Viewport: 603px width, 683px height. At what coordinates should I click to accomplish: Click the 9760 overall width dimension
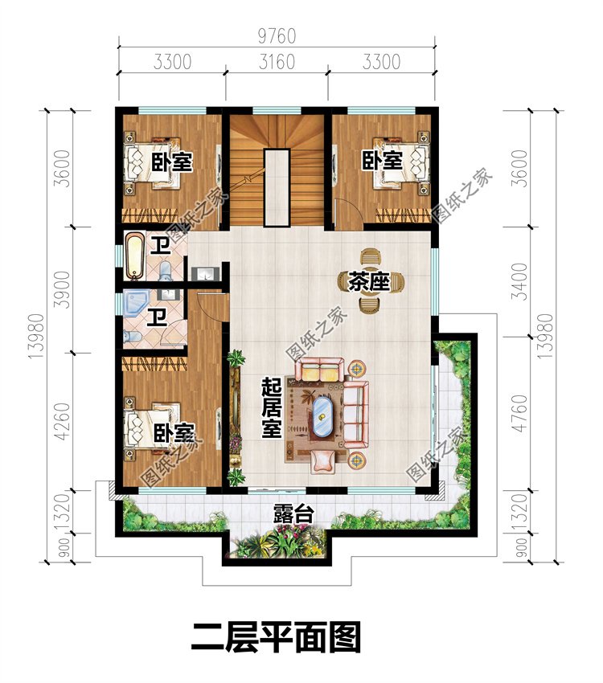coord(277,36)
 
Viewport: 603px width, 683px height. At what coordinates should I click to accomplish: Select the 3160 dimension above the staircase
coord(277,62)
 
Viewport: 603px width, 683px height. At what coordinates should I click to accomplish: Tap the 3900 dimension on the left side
coord(63,289)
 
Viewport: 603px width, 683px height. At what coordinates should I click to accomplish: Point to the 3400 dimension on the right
coord(519,281)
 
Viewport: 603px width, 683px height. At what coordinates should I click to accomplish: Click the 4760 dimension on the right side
coord(519,413)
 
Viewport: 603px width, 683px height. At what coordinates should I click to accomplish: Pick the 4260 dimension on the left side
coord(63,421)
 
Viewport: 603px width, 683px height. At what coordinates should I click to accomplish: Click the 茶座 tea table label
coord(368,281)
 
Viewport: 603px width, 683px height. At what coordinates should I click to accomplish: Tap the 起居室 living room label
coord(272,407)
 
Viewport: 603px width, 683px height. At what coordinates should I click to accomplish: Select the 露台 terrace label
coord(293,514)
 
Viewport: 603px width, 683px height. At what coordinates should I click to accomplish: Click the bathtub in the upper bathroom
coord(134,256)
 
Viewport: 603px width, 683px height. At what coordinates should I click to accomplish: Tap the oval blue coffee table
coord(322,415)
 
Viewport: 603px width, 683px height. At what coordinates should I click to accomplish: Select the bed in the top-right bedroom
coord(401,162)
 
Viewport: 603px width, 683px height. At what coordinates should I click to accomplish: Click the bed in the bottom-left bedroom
coord(153,428)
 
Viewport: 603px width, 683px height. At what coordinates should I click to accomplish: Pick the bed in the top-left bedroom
coord(153,162)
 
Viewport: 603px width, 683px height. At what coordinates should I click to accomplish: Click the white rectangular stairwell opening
coord(277,187)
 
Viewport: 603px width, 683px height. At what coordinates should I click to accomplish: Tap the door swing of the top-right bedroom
coord(347,211)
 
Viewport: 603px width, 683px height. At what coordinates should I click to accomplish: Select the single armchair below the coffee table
coord(323,461)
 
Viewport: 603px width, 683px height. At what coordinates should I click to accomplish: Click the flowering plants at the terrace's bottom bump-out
coord(279,542)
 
